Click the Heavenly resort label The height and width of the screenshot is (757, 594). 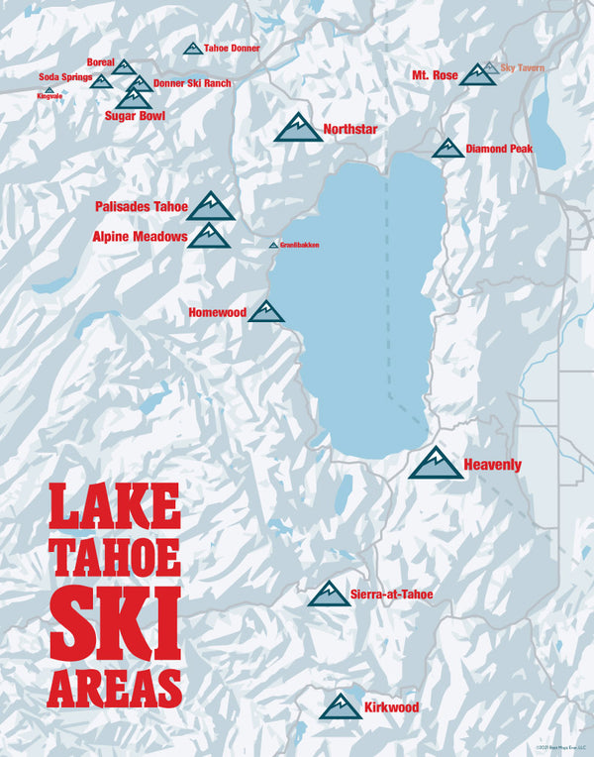tap(492, 465)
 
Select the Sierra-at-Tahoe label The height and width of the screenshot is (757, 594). tap(391, 595)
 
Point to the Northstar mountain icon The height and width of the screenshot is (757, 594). tap(297, 128)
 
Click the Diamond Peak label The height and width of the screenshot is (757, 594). tap(499, 150)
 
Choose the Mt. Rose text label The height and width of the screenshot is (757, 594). tap(435, 75)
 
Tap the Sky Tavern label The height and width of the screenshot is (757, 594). tap(523, 68)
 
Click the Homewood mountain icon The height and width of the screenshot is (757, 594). tap(266, 312)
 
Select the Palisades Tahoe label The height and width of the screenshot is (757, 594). tap(141, 207)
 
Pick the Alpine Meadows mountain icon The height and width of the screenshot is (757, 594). tap(209, 236)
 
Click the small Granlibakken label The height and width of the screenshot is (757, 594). tap(299, 245)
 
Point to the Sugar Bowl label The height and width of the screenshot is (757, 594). tap(135, 116)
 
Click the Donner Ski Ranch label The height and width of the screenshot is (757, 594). tap(192, 83)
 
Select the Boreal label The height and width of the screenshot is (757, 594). tap(101, 61)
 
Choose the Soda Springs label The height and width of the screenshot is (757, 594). tap(65, 77)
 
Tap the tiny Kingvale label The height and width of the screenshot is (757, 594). tap(49, 96)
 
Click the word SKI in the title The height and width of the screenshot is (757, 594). tap(115, 621)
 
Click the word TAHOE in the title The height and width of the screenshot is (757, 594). tap(115, 556)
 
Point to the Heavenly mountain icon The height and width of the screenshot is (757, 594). tap(436, 464)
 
